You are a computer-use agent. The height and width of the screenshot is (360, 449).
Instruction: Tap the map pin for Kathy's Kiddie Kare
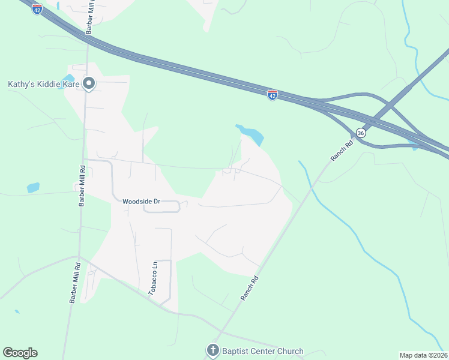89,84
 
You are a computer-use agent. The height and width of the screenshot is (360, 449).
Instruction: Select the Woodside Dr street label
141,202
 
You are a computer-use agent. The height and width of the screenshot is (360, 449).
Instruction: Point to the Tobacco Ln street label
154,277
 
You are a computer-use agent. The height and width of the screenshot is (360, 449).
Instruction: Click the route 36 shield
360,133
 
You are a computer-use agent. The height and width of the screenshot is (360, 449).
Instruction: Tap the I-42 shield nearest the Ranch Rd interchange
273,95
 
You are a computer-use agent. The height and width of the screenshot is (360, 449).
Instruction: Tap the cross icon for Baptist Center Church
212,350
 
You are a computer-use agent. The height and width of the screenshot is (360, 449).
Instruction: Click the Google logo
20,353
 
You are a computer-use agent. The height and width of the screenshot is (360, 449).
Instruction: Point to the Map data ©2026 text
423,355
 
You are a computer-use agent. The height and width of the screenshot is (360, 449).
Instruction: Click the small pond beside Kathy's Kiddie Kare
69,79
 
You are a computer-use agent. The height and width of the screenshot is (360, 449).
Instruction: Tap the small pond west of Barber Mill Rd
33,187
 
